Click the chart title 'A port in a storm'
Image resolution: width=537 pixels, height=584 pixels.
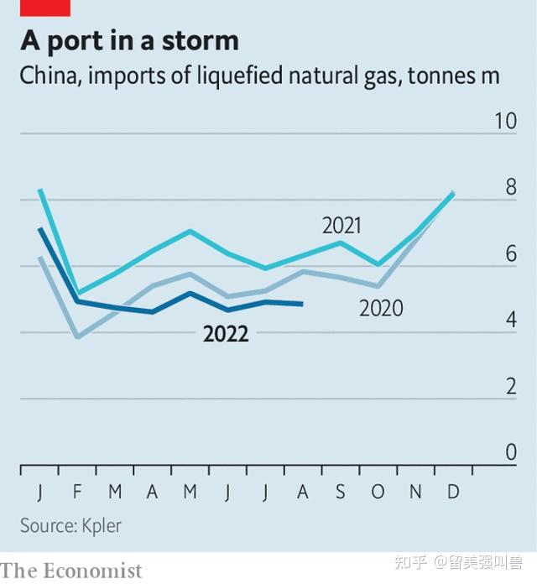[129, 40]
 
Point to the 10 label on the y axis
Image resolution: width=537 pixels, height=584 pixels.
[505, 121]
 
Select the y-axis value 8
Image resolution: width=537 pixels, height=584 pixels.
[510, 187]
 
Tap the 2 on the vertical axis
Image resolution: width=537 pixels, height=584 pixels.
[510, 387]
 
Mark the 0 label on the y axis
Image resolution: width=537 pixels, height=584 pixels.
[510, 453]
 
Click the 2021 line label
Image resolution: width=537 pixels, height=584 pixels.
[341, 225]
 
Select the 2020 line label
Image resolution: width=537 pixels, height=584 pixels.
[381, 309]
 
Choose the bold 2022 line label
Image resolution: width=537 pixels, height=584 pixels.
[226, 335]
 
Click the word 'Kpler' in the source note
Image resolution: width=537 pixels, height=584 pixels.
[102, 526]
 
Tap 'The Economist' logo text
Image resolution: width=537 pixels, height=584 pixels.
[71, 571]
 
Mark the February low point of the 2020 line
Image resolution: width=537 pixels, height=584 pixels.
[78, 337]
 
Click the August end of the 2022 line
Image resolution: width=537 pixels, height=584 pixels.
[302, 304]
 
